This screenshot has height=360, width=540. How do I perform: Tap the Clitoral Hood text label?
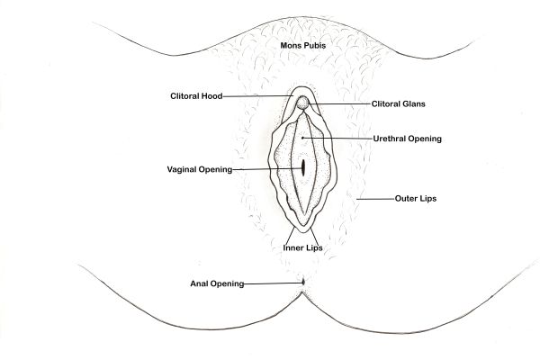196,96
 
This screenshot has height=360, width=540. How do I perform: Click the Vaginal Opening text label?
200,168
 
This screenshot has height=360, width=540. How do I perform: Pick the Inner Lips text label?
302,246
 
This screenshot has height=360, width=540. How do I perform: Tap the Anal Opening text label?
217,284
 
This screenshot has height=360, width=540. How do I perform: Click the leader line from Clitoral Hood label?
261,96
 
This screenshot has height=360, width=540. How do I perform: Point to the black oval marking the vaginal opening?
304,167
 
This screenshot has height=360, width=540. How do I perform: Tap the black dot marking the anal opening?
303,281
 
